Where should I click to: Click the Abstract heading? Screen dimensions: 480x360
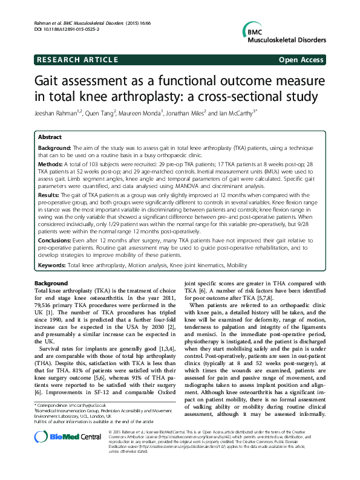[x=50, y=137]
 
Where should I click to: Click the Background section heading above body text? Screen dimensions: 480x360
[x=51, y=284]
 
